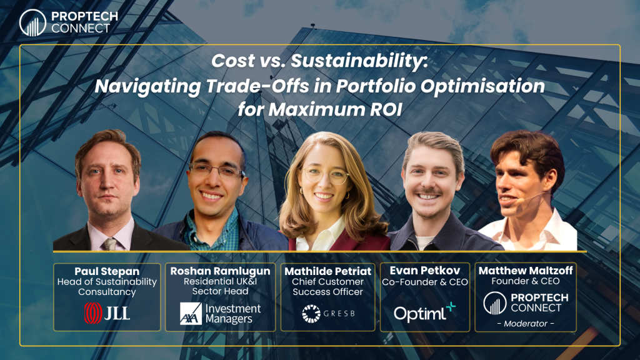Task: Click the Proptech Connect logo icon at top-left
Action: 32,23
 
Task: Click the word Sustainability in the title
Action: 359,61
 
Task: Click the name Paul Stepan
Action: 107,271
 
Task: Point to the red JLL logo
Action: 107,313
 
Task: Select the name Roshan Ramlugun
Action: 220,271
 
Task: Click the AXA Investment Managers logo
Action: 220,314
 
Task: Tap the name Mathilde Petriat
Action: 327,271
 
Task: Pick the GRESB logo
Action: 328,314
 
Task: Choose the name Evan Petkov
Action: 424,270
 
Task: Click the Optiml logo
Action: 424,312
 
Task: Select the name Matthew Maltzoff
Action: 525,270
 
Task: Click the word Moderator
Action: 526,324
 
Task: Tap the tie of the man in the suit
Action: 109,244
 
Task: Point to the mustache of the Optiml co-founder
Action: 427,191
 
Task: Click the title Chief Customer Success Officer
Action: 327,287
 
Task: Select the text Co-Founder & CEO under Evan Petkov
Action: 425,282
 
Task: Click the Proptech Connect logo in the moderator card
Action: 526,303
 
